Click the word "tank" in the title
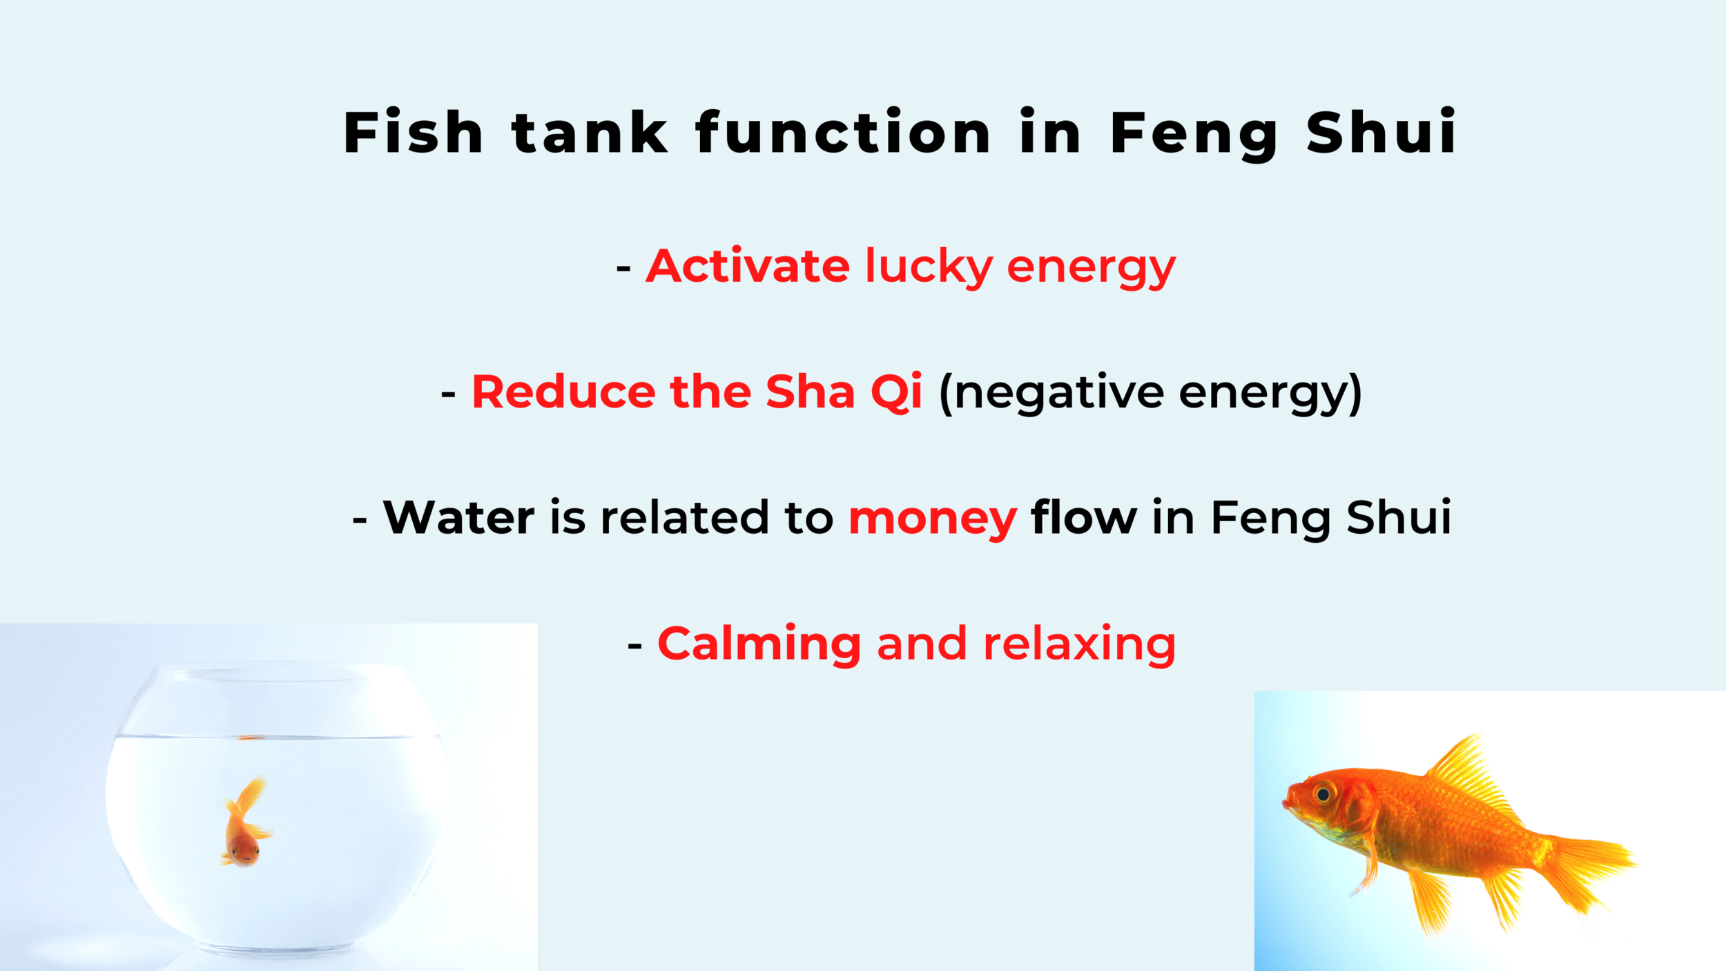590,132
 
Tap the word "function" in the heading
843,132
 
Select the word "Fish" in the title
413,132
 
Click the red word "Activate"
747,267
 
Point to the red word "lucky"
929,267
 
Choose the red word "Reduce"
563,392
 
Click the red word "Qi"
896,392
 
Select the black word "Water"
458,518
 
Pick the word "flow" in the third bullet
1083,518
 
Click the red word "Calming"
759,644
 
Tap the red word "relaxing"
1079,644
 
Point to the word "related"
684,518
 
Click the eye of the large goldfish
1323,794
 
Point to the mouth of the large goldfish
1286,803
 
